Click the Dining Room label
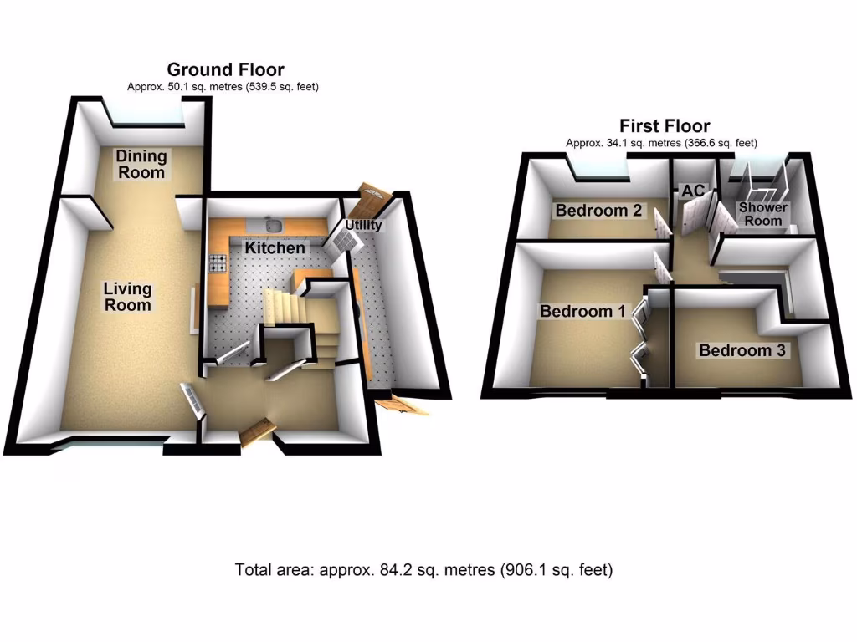coord(141,164)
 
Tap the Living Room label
coord(127,296)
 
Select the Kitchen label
coord(275,248)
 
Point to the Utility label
coord(363,225)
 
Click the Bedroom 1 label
coord(582,311)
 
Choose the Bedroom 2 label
coord(598,211)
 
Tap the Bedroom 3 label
coord(742,350)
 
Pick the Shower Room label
coord(762,214)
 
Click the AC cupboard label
coord(693,191)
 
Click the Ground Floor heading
coord(225,69)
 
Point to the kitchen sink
coord(273,223)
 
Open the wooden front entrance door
coord(258,431)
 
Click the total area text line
coord(423,570)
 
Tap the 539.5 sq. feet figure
coord(280,86)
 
